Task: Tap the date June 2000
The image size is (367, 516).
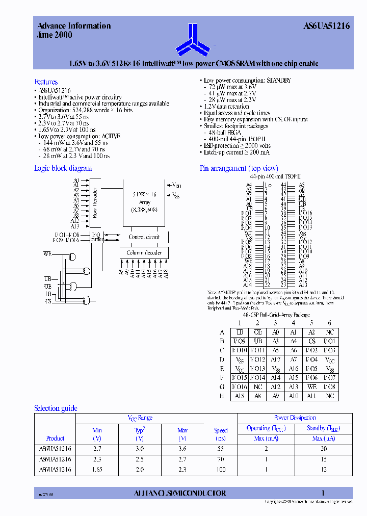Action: click(x=55, y=35)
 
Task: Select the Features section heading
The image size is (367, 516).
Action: click(x=46, y=82)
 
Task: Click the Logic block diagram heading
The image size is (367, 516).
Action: click(x=63, y=168)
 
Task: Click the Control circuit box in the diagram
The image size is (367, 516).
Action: click(x=144, y=237)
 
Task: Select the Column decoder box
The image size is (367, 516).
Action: click(x=144, y=253)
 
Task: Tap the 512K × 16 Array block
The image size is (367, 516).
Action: click(x=145, y=202)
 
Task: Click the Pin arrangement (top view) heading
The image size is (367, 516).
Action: click(x=239, y=168)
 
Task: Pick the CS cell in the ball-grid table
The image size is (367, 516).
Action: click(x=311, y=341)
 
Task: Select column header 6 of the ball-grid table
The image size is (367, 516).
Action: click(x=329, y=323)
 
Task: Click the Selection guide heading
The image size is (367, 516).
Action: click(x=56, y=408)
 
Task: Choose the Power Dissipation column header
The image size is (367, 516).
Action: click(x=295, y=418)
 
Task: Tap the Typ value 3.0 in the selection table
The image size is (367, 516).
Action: click(x=140, y=449)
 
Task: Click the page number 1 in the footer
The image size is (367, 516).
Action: click(x=323, y=493)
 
